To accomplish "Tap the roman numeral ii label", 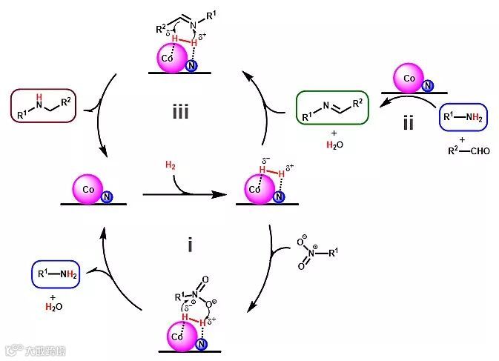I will [x=409, y=122].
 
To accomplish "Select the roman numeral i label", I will [x=190, y=243].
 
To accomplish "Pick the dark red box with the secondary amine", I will [x=44, y=105].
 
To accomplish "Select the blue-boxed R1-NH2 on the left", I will [x=55, y=274].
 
